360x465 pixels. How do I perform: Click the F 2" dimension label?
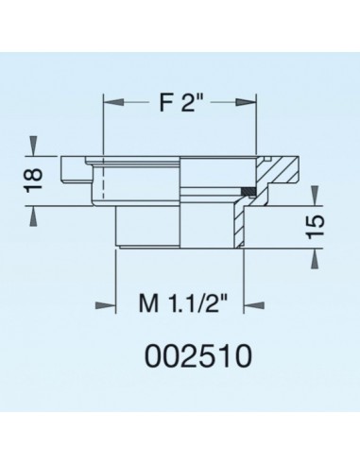[x=180, y=102]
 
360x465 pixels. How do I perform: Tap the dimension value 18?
[x=33, y=177]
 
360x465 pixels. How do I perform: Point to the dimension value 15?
[x=317, y=225]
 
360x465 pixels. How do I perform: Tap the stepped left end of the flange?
[x=70, y=170]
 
